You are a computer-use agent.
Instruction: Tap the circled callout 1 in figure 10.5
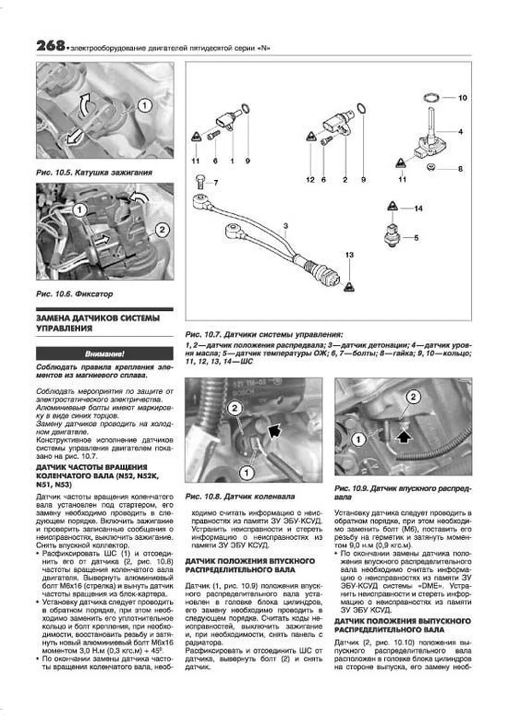tap(145, 105)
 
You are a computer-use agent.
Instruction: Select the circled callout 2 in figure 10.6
tap(162, 231)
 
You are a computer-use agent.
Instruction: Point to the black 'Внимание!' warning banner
tap(105, 354)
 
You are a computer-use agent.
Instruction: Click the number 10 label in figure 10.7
tap(462, 98)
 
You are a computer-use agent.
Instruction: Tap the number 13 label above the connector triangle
tap(349, 255)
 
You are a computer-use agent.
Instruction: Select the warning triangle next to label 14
tap(392, 206)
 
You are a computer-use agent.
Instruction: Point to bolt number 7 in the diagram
tap(201, 183)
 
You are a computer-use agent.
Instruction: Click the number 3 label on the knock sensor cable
tap(286, 226)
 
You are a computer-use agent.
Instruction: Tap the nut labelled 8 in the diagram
tap(430, 168)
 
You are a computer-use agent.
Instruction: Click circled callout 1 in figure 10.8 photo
tap(246, 472)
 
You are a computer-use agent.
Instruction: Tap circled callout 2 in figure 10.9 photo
tap(413, 397)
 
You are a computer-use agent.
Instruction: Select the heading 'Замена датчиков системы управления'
tap(98, 323)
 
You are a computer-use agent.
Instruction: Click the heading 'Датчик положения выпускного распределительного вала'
tap(402, 625)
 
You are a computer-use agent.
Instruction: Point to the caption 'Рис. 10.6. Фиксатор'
tap(75, 294)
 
